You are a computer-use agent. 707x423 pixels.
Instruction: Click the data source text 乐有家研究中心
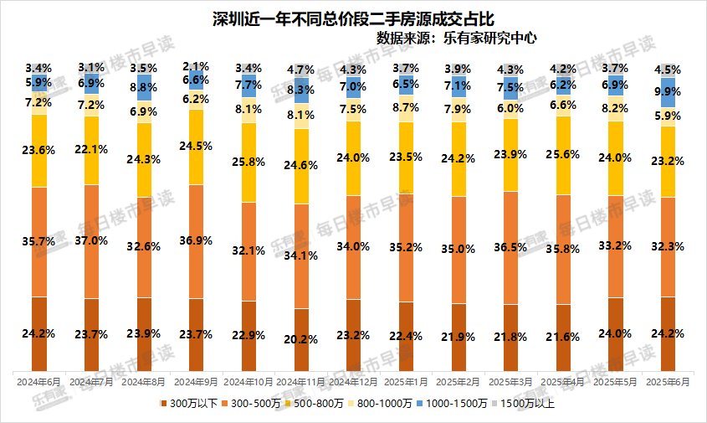[456, 38]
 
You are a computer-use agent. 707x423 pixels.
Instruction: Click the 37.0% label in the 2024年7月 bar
[92, 240]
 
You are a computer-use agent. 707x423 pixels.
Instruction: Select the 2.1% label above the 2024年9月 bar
[196, 66]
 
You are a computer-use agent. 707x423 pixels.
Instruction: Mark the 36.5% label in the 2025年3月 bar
[511, 247]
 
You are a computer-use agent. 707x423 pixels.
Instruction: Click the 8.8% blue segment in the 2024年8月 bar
[144, 85]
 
